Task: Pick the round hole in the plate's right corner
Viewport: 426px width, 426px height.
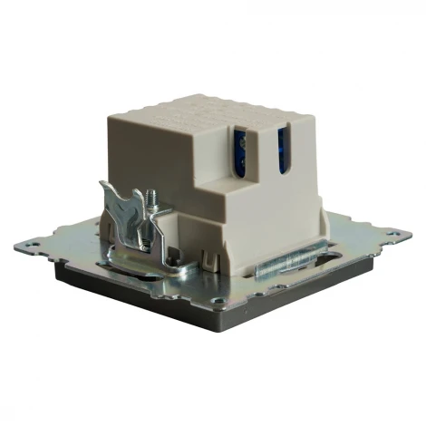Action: point(400,235)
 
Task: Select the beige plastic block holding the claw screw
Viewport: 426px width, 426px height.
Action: point(163,227)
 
